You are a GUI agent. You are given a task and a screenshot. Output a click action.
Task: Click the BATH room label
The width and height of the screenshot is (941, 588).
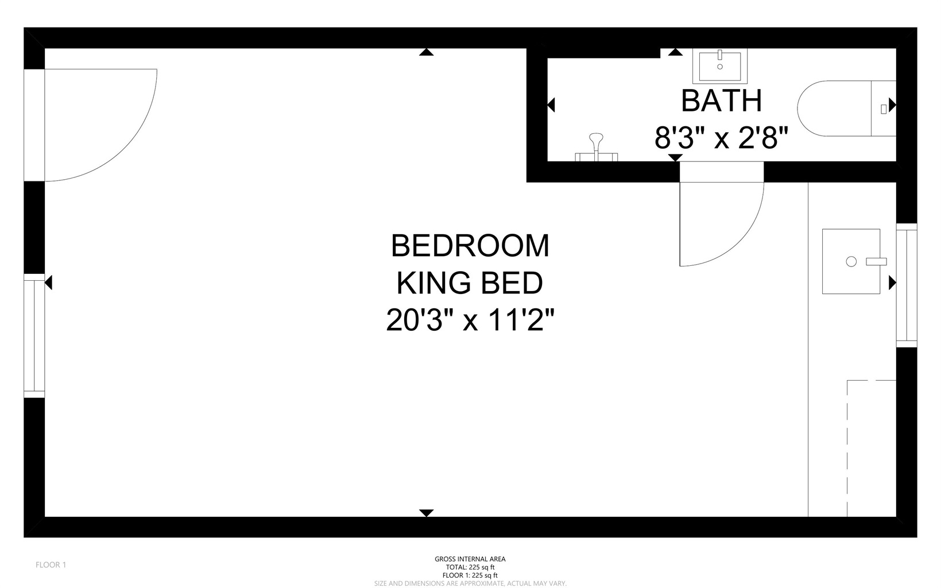pyautogui.click(x=721, y=101)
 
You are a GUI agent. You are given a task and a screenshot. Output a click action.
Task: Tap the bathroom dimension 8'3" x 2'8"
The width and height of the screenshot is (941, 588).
pyautogui.click(x=721, y=137)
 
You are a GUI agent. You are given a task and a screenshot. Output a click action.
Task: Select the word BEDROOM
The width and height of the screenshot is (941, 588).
pyautogui.click(x=470, y=246)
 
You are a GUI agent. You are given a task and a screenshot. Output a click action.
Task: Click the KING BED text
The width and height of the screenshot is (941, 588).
pyautogui.click(x=470, y=283)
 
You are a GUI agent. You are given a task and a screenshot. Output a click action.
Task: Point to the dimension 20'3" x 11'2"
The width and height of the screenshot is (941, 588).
pyautogui.click(x=470, y=320)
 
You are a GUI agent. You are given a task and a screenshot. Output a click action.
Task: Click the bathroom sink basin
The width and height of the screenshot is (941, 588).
pyautogui.click(x=719, y=67)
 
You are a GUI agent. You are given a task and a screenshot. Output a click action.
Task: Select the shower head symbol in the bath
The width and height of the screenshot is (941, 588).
pyautogui.click(x=596, y=146)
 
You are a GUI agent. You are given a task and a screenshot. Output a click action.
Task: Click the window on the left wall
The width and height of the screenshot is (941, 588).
pyautogui.click(x=34, y=336)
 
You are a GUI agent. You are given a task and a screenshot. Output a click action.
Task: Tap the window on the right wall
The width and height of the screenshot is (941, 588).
pyautogui.click(x=907, y=285)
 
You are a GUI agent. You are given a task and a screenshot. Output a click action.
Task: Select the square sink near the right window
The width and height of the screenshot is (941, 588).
pyautogui.click(x=851, y=261)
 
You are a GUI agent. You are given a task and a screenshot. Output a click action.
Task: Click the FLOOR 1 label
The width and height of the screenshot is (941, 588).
pyautogui.click(x=51, y=565)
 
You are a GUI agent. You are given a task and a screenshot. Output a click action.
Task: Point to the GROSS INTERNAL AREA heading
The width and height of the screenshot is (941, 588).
pyautogui.click(x=470, y=559)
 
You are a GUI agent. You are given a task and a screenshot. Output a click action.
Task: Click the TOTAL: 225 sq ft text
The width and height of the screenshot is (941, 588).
pyautogui.click(x=470, y=567)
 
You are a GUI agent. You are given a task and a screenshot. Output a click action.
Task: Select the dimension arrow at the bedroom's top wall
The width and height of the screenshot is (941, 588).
pyautogui.click(x=427, y=52)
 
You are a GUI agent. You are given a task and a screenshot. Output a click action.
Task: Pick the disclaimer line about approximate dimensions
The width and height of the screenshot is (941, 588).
pyautogui.click(x=470, y=583)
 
